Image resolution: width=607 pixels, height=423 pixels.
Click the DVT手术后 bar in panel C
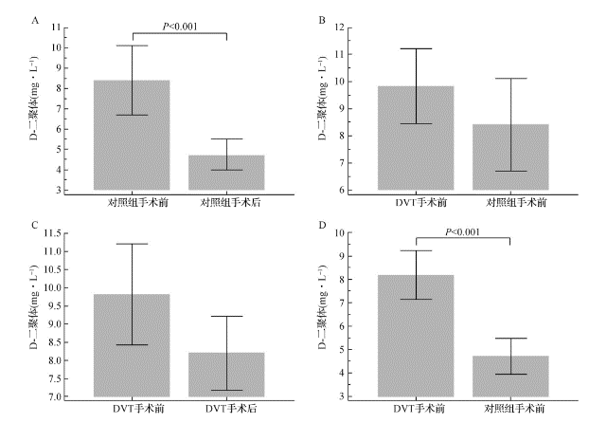tap(226, 374)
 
